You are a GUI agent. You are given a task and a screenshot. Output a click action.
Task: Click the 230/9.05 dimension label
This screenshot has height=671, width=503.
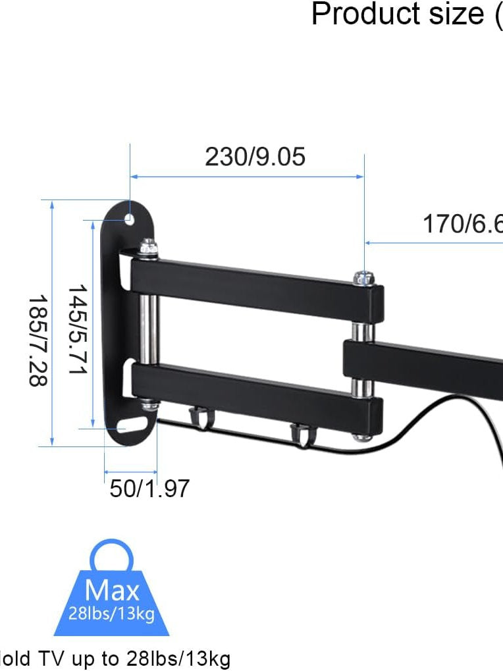[255, 157]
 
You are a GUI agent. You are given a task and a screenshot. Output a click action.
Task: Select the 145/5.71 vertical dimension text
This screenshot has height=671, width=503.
[78, 329]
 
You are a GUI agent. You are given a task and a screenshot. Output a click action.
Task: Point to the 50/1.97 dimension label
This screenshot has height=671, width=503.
[149, 489]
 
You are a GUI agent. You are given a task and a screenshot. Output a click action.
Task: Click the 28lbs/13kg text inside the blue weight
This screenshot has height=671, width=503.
[111, 614]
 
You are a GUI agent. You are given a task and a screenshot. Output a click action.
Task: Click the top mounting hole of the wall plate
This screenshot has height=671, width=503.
[130, 218]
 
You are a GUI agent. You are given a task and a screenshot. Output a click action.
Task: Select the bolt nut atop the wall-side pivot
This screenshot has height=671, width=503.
[148, 248]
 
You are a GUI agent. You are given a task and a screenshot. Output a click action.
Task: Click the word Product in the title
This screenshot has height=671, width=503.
[356, 14]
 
